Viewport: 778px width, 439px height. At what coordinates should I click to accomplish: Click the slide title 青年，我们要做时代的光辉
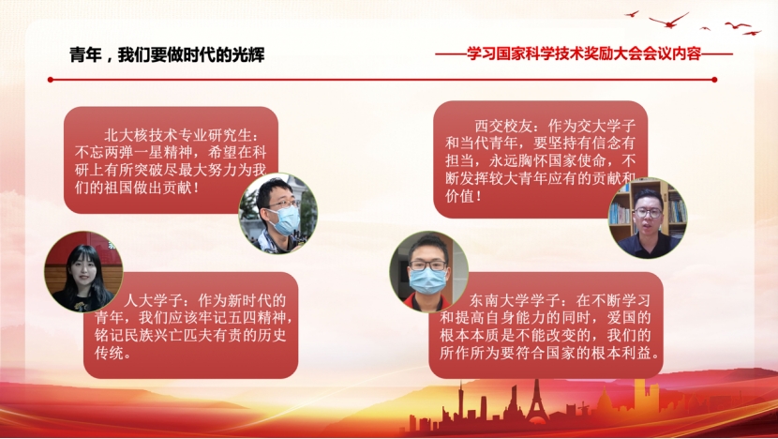pyautogui.click(x=167, y=54)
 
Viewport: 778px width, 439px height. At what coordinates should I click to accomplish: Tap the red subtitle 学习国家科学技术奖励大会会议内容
pyautogui.click(x=584, y=53)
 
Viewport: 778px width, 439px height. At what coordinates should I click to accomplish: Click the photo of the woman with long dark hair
pyautogui.click(x=83, y=271)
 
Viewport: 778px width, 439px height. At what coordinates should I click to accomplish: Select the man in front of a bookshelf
pyautogui.click(x=648, y=218)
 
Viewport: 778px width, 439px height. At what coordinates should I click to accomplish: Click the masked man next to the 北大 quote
pyautogui.click(x=277, y=213)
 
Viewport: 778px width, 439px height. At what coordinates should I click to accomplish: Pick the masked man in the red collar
pyautogui.click(x=428, y=271)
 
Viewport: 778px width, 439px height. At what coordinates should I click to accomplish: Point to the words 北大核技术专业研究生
pyautogui.click(x=177, y=135)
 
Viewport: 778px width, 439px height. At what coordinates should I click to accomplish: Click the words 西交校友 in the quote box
pyautogui.click(x=503, y=126)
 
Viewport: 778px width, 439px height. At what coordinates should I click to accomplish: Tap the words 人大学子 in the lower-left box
pyautogui.click(x=152, y=300)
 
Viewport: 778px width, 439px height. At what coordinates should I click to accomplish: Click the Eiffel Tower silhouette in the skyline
pyautogui.click(x=537, y=402)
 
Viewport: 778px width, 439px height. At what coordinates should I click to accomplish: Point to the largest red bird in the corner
pyautogui.click(x=669, y=21)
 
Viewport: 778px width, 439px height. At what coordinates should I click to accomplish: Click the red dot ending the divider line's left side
pyautogui.click(x=50, y=80)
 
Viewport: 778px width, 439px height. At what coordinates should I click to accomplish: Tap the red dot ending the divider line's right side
pyautogui.click(x=714, y=80)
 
